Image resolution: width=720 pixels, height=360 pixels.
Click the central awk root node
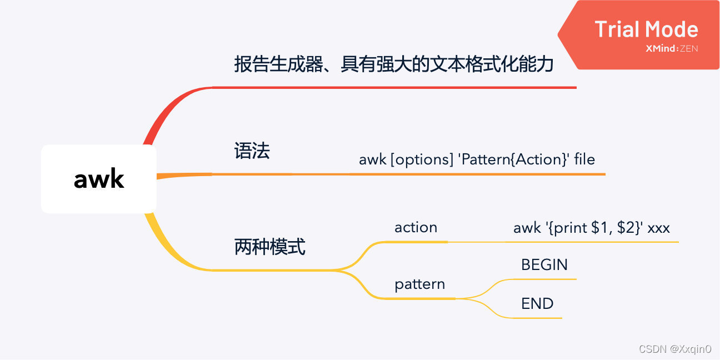point(99,179)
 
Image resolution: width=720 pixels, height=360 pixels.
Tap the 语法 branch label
point(252,151)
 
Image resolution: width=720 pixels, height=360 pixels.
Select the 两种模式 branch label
point(269,247)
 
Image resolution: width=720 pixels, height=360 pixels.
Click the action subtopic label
point(416,227)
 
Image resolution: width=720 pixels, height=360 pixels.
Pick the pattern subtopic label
point(419,284)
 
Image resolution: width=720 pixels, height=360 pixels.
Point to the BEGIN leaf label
point(544,264)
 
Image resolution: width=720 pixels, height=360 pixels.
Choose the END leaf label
point(537,303)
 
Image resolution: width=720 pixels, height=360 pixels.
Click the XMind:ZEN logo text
point(672,49)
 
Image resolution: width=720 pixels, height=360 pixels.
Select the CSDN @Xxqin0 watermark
point(674,349)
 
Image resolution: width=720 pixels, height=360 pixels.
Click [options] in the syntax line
point(422,160)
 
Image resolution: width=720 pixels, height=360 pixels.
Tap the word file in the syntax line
point(584,160)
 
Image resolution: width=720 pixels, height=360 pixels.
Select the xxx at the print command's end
point(659,228)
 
